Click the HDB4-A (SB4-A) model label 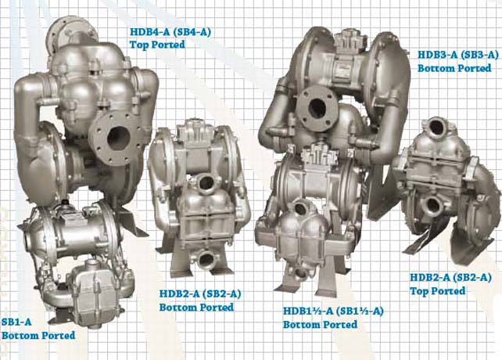pyautogui.click(x=170, y=32)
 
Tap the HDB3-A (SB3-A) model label pyautogui.click(x=458, y=55)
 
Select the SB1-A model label pyautogui.click(x=16, y=322)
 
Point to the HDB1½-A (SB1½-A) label pyautogui.click(x=333, y=311)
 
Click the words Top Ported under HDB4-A pyautogui.click(x=157, y=45)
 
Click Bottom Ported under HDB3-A pyautogui.click(x=454, y=68)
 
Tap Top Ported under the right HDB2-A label pyautogui.click(x=438, y=291)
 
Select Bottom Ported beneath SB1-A pyautogui.click(x=38, y=336)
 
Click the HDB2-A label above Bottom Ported pyautogui.click(x=200, y=294)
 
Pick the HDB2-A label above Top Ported pyautogui.click(x=450, y=278)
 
